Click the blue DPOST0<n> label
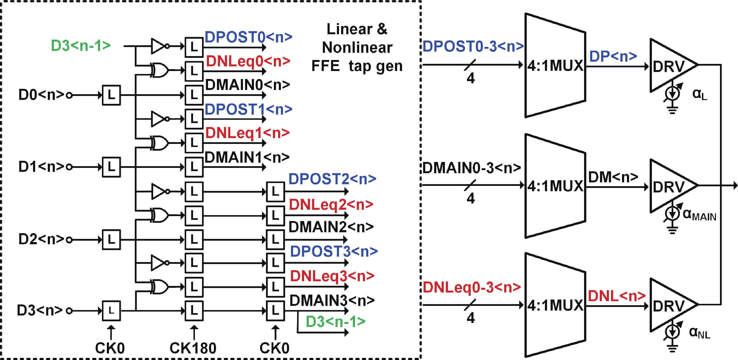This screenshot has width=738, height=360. (248, 37)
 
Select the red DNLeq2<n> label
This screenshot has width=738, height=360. (331, 205)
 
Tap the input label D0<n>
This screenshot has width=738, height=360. (41, 95)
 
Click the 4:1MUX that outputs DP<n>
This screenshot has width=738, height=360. (555, 65)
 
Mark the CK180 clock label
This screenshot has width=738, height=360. (193, 348)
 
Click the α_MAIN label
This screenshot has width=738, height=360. (699, 215)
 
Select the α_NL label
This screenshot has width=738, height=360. (699, 333)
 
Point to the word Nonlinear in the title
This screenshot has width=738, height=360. (357, 48)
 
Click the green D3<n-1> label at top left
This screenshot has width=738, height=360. (81, 45)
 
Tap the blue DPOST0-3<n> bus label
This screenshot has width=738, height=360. (473, 46)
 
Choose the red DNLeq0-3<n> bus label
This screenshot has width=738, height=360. (472, 287)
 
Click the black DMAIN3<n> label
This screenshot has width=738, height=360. (332, 301)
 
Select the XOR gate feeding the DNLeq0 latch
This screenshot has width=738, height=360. (159, 70)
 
